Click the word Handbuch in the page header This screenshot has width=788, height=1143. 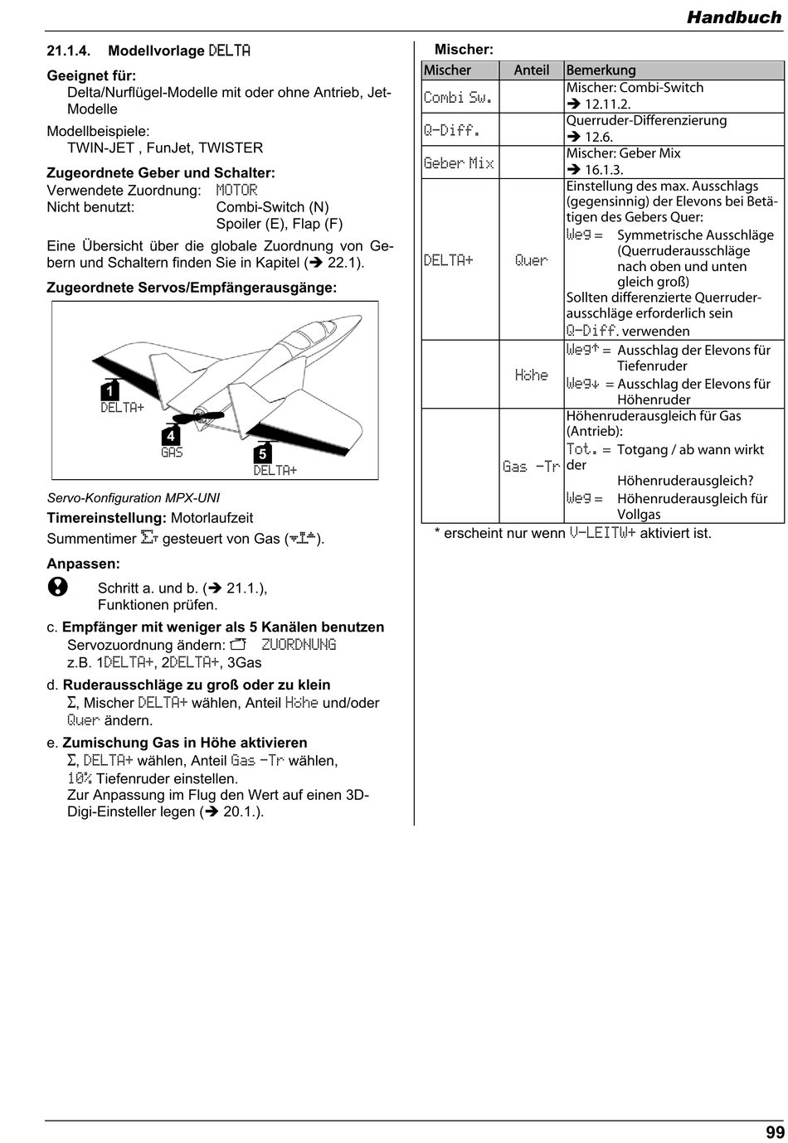pos(734,17)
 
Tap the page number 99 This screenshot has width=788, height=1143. pos(775,1132)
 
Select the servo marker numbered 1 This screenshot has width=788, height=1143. pos(109,390)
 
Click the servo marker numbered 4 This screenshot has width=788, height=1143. pos(171,435)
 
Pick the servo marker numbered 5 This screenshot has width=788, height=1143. pos(262,453)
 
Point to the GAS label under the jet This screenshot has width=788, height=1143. pos(172,452)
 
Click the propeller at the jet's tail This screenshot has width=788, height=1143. pos(197,416)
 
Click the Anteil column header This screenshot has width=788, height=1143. pos(531,70)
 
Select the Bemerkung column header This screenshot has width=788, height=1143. pos(601,70)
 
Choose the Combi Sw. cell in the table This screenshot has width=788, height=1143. pos(458,97)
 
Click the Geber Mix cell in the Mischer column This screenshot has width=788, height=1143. pos(459,162)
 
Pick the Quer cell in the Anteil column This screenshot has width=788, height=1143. pos(531,260)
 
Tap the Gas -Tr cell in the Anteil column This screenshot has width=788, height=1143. pos(531,466)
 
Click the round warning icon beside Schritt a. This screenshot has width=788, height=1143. pos(58,587)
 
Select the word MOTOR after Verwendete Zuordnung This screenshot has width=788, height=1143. pos(236,191)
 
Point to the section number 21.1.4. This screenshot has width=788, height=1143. pos(69,51)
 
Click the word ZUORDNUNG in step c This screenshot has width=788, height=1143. pos(299,645)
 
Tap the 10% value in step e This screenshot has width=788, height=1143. pos(79,778)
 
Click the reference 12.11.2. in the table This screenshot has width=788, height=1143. pos(607,104)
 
